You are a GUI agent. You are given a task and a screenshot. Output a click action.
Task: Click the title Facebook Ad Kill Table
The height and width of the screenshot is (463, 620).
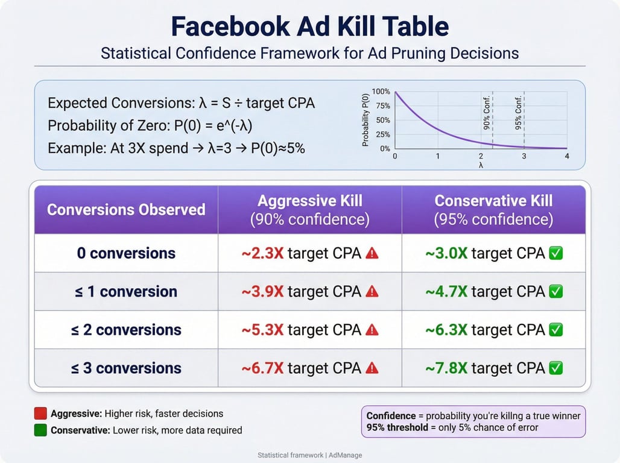coord(309,27)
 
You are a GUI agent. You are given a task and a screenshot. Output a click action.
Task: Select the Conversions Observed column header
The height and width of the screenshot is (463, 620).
coord(126,210)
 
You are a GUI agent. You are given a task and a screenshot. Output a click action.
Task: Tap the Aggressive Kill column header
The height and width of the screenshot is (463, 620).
coord(309,209)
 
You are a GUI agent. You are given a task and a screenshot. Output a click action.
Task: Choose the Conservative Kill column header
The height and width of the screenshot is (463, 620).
coord(493,209)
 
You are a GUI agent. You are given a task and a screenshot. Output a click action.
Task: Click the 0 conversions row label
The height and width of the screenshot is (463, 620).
coord(126,253)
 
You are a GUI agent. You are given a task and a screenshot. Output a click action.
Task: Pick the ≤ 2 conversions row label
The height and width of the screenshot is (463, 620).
coord(126,330)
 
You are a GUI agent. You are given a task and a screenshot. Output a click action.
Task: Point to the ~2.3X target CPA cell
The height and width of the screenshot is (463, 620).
coord(309,253)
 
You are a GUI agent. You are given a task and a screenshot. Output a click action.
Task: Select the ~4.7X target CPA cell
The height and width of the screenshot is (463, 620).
coord(493,292)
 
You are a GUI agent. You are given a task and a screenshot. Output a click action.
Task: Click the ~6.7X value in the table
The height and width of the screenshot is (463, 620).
coord(262,368)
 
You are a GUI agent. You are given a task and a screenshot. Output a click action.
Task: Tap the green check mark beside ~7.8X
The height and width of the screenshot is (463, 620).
coord(556,368)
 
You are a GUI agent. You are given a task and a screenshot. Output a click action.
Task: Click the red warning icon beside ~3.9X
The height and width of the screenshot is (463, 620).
coord(372,292)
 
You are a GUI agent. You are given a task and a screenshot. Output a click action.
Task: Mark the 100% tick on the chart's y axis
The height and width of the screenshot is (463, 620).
coord(381,92)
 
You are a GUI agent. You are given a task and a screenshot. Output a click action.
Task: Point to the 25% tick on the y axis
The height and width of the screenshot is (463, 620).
coord(383,134)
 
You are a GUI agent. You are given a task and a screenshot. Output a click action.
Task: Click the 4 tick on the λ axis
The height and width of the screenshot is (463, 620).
coord(567,157)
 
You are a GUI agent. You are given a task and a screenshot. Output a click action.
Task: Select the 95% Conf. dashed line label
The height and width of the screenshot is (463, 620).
coord(519,107)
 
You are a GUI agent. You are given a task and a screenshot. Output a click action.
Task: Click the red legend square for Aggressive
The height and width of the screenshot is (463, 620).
coord(40,414)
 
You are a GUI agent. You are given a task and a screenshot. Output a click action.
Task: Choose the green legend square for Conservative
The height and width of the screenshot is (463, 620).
coord(40,430)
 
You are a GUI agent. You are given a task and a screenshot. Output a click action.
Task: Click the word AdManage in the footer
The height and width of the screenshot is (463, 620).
coord(345,455)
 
